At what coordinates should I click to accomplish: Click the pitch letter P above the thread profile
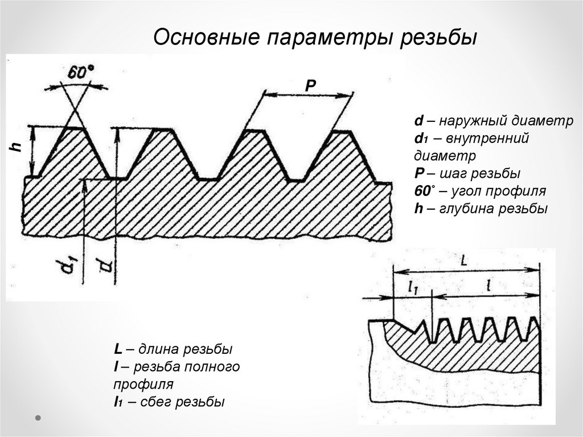pos(310,85)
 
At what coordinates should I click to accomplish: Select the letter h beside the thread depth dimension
pos(18,146)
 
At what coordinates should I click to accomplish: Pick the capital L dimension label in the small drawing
pos(464,261)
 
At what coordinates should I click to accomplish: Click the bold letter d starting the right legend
pos(418,121)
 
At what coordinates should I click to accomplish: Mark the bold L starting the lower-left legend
pos(116,349)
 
